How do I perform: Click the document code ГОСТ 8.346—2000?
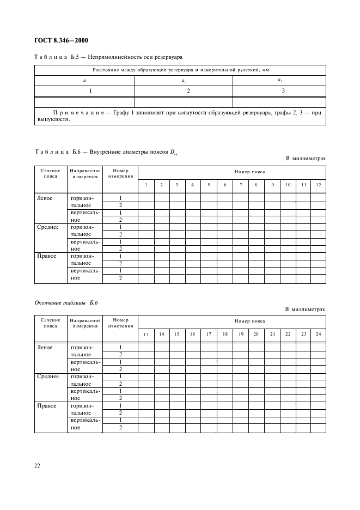[60, 40]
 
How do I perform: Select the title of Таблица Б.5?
[108, 57]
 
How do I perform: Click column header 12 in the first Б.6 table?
[319, 185]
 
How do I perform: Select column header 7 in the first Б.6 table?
[241, 185]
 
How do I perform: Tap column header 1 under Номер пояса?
[146, 185]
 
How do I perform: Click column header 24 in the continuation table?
[319, 334]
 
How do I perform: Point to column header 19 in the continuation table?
[241, 334]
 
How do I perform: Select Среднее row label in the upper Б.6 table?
[48, 227]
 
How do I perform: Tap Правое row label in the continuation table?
[46, 405]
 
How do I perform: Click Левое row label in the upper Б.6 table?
[45, 198]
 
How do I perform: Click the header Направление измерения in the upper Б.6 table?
[85, 174]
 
